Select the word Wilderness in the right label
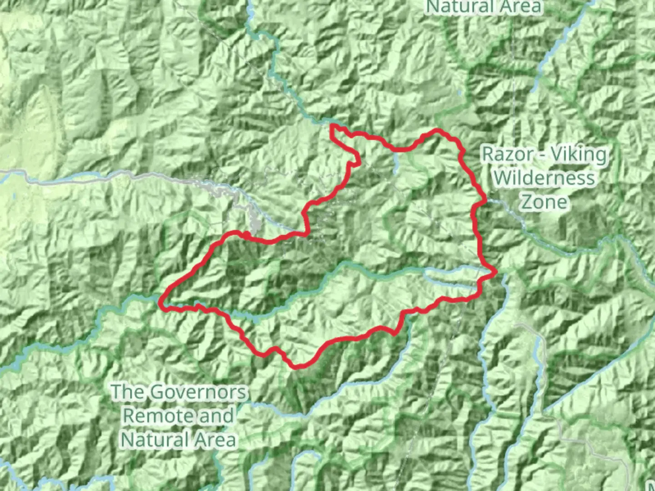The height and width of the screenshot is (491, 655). click(544, 178)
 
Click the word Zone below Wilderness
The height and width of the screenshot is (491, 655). click(544, 202)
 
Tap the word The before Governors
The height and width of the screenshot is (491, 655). click(128, 391)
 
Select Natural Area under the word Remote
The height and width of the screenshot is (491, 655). click(179, 440)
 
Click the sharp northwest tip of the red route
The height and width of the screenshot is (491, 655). click(333, 125)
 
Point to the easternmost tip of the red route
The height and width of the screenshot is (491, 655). click(496, 272)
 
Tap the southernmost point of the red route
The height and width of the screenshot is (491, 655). click(296, 366)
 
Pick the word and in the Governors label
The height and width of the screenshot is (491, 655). click(216, 416)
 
